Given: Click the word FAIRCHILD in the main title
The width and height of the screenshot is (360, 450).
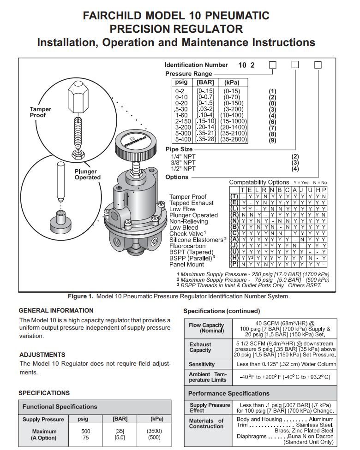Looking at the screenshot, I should (x=117, y=16).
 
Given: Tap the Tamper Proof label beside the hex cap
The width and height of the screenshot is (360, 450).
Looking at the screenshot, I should (x=41, y=112).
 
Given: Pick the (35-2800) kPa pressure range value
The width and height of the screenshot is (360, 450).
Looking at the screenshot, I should (x=234, y=139).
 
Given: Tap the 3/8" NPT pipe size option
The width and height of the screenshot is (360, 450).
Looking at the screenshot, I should (x=183, y=163).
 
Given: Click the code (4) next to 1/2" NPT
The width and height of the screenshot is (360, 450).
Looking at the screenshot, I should (x=295, y=169).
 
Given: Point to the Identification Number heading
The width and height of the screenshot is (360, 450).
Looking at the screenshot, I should (x=196, y=65).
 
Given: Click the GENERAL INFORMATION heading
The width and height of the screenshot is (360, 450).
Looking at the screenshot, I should (x=56, y=310).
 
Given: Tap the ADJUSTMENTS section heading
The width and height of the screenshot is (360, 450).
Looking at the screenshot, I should (x=42, y=355).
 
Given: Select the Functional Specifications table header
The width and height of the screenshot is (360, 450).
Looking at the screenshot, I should (x=60, y=407).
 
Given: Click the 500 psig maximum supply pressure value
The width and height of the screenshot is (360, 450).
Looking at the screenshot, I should (x=85, y=431).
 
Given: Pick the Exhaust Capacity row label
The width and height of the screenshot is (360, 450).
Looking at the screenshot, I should (x=200, y=347).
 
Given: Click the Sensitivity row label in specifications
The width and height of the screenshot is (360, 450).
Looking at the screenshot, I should (x=202, y=364).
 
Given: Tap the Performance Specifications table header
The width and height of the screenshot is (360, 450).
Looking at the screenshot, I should (x=229, y=393).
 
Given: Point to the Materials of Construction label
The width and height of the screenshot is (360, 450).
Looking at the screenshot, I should (x=206, y=423).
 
